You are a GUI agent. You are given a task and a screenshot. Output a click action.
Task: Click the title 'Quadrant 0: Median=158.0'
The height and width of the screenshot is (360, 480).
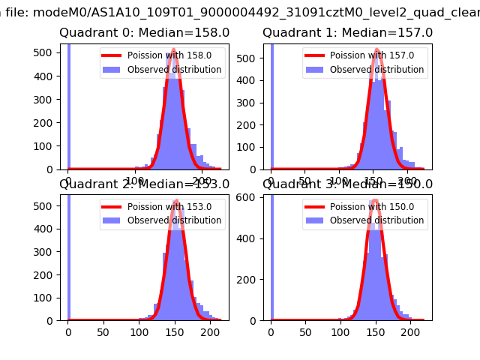pyautogui.click(x=145, y=33)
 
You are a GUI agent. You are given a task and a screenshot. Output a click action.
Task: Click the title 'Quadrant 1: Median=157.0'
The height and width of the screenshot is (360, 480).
pyautogui.click(x=347, y=33)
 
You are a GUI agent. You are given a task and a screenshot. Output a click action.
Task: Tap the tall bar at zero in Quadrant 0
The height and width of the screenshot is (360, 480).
pyautogui.click(x=68, y=105)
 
